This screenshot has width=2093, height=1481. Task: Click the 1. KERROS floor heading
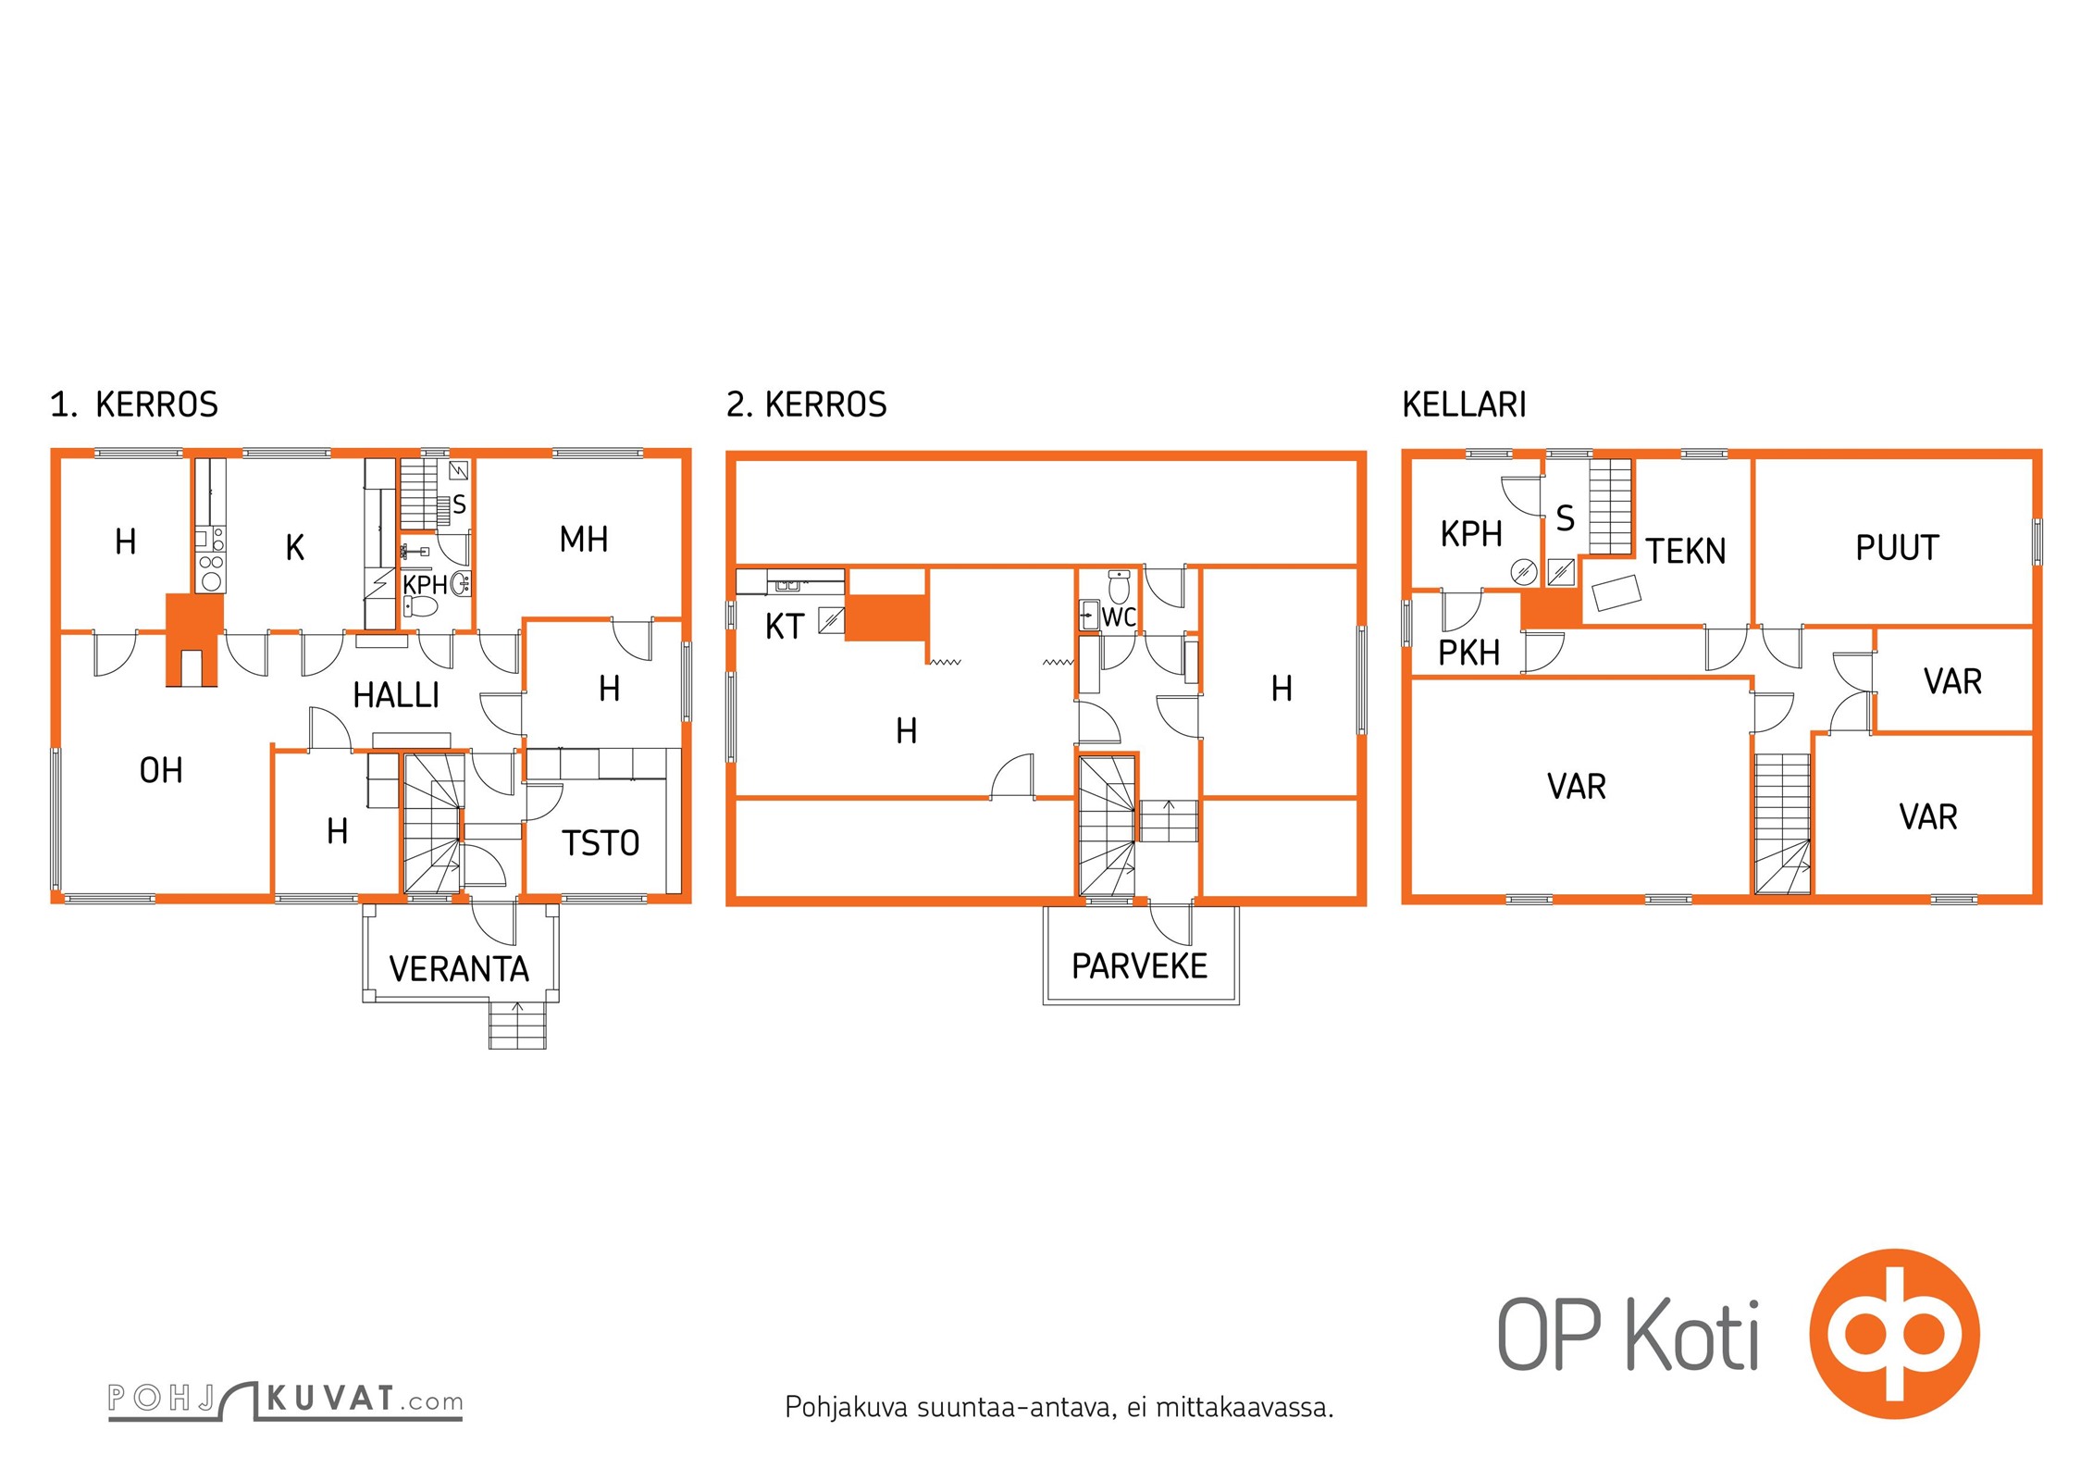pyautogui.click(x=134, y=404)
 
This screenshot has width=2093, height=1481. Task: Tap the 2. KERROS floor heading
pyautogui.click(x=807, y=404)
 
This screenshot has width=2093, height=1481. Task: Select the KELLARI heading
pyautogui.click(x=1464, y=404)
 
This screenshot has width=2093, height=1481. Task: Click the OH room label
pyautogui.click(x=161, y=770)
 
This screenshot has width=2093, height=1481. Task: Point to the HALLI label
pyautogui.click(x=396, y=695)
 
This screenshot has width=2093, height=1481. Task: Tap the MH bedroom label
pyautogui.click(x=584, y=539)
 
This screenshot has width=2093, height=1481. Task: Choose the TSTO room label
pyautogui.click(x=601, y=843)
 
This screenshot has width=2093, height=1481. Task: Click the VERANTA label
pyautogui.click(x=459, y=969)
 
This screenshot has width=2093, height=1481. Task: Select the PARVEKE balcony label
pyautogui.click(x=1139, y=966)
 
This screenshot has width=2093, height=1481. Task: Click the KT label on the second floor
pyautogui.click(x=785, y=627)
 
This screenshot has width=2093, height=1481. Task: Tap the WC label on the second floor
pyautogui.click(x=1119, y=617)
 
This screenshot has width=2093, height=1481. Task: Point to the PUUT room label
pyautogui.click(x=1897, y=547)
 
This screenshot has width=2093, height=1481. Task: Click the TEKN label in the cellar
pyautogui.click(x=1686, y=551)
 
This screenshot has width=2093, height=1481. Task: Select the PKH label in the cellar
pyautogui.click(x=1468, y=653)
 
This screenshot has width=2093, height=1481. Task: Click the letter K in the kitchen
pyautogui.click(x=295, y=548)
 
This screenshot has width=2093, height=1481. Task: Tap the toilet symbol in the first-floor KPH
pyautogui.click(x=422, y=606)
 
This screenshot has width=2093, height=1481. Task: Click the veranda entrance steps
pyautogui.click(x=517, y=1025)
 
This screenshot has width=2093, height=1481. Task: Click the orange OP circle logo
pyautogui.click(x=1894, y=1334)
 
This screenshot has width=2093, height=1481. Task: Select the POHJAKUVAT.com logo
pyautogui.click(x=285, y=1400)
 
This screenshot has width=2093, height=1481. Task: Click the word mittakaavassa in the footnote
pyautogui.click(x=1245, y=1408)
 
